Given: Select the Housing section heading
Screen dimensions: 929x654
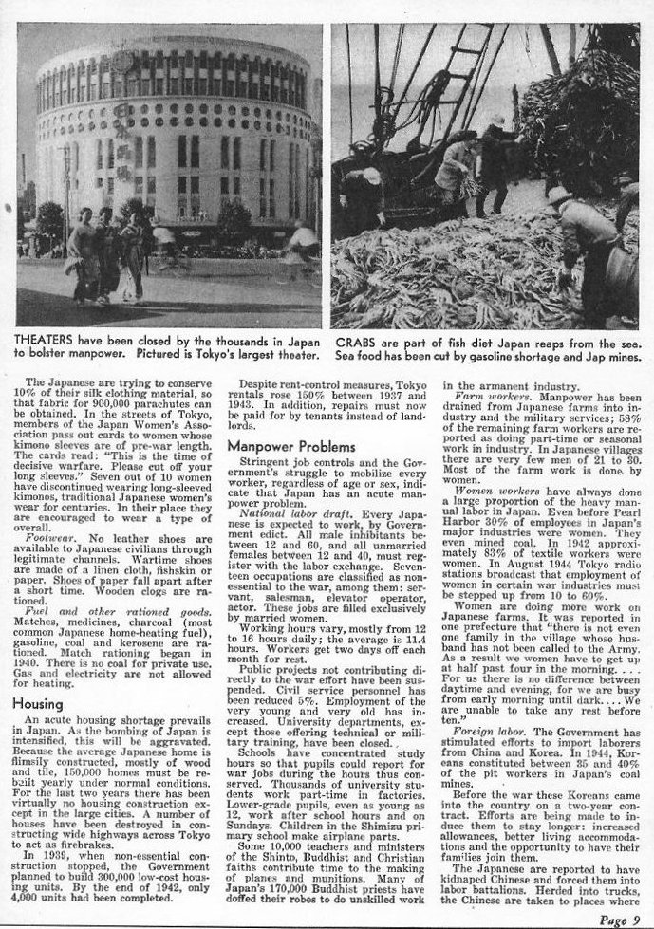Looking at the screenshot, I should pyautogui.click(x=37, y=703).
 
